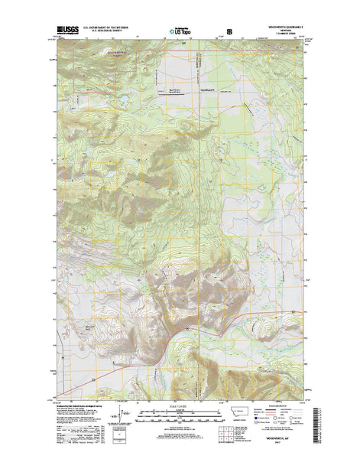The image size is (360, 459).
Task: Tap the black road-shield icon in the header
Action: tap(227, 32)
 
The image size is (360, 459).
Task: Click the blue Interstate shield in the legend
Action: tap(265, 405)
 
